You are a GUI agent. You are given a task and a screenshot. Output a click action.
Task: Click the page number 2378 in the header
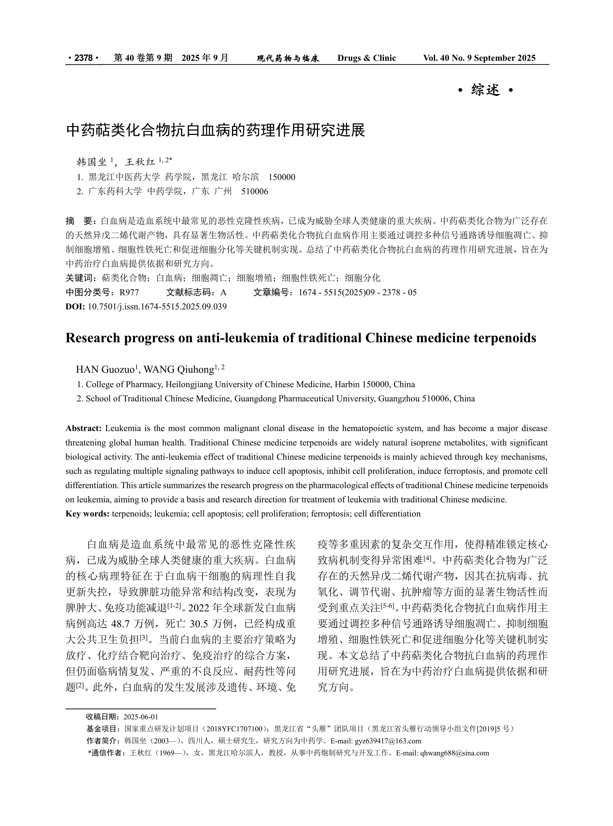83,58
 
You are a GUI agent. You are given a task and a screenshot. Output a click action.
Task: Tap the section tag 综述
485,90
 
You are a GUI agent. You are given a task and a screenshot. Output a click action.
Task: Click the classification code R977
129,292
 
